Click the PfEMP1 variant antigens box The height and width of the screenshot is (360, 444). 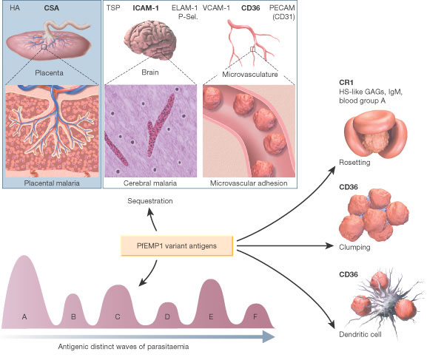(x=176, y=246)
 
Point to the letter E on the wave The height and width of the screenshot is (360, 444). (x=212, y=316)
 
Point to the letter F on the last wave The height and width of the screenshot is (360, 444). (x=256, y=316)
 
